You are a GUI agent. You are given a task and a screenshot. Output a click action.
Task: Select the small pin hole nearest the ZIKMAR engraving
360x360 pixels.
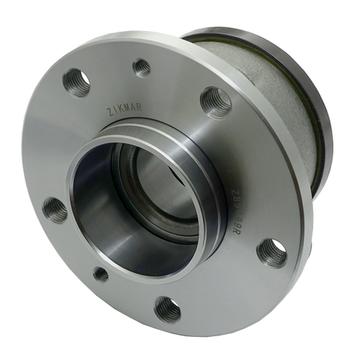(143, 68)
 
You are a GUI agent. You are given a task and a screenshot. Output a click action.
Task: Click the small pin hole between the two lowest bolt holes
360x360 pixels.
(102, 274)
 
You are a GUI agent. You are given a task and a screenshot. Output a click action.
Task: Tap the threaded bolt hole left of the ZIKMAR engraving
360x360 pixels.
(77, 82)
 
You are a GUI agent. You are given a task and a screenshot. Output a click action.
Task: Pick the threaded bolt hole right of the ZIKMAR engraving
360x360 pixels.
(215, 102)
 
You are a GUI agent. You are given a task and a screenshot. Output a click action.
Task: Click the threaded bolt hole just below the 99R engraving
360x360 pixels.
(271, 251)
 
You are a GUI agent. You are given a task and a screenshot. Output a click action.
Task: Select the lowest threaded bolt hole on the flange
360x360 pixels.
(168, 308)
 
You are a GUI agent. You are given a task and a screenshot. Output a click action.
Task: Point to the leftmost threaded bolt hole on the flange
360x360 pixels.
(55, 210)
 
